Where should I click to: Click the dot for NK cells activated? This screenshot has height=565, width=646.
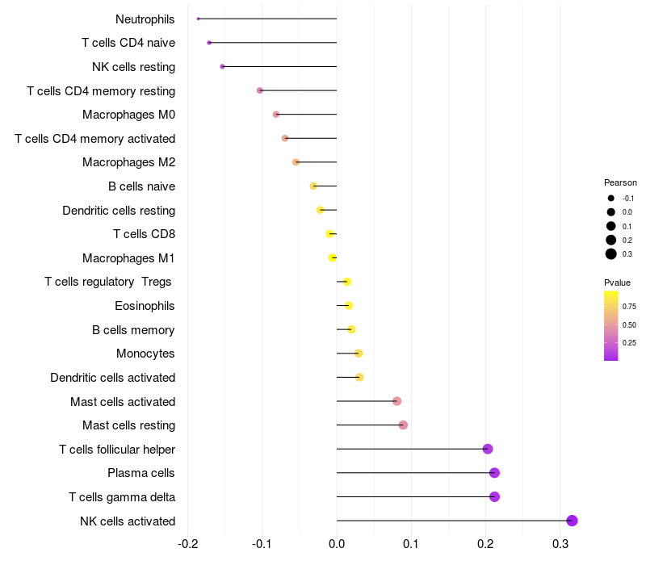(572, 521)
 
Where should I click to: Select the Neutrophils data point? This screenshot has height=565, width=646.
(198, 19)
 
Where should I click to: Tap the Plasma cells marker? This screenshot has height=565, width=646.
(494, 473)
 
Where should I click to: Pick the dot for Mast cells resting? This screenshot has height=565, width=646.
(403, 425)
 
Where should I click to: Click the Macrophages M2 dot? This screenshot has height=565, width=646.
(296, 162)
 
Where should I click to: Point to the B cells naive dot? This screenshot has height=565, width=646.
(313, 186)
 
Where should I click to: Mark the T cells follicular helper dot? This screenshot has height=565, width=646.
(487, 449)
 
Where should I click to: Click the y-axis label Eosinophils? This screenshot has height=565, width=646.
(145, 306)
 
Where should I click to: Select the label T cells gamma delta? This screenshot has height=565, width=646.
(122, 497)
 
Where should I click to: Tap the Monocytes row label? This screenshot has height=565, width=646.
(145, 354)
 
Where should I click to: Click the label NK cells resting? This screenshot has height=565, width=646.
(134, 66)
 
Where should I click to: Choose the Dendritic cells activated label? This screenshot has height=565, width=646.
(112, 378)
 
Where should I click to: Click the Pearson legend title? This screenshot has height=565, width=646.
(620, 182)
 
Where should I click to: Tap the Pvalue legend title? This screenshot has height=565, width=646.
(617, 282)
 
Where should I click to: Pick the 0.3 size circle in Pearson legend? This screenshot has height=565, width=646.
(611, 254)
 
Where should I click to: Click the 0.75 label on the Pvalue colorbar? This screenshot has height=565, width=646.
(629, 307)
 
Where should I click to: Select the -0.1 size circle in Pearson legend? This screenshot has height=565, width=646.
(611, 199)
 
